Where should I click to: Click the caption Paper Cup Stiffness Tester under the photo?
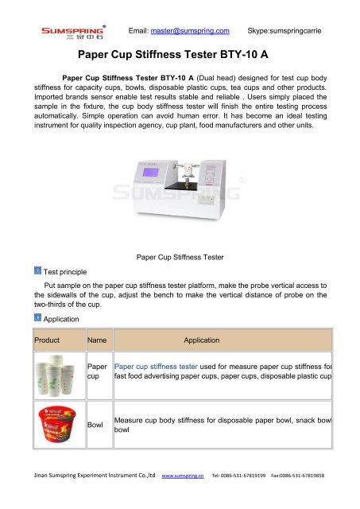pos(180,257)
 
